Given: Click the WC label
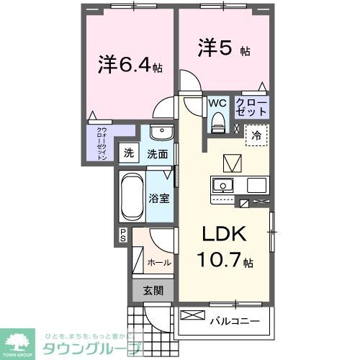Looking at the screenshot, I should [x=217, y=103].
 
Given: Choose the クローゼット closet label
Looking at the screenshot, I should [x=252, y=107].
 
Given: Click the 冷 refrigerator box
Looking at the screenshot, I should [x=257, y=135].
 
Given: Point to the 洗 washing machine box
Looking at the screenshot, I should [x=128, y=153].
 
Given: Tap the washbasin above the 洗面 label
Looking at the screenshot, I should [x=161, y=135].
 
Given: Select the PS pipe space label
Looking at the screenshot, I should [x=123, y=235].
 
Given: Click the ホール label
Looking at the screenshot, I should [x=159, y=263].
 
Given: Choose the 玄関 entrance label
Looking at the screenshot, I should [x=153, y=291].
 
